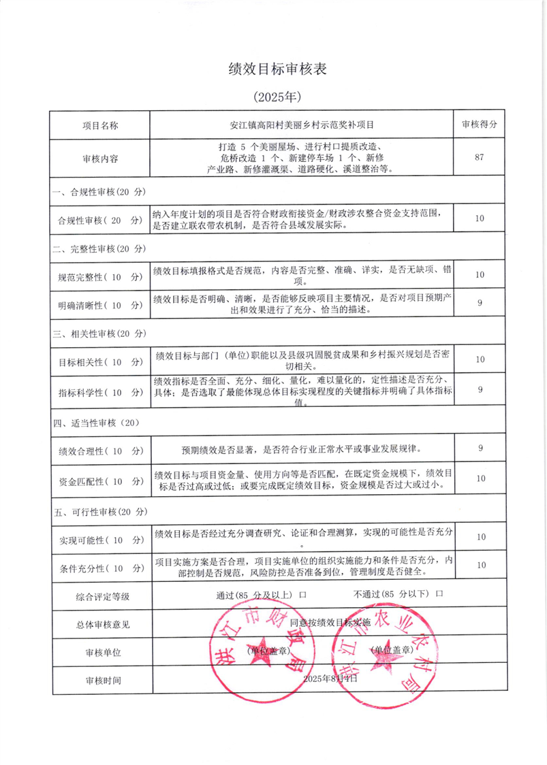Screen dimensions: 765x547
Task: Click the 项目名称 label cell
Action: (x=100, y=126)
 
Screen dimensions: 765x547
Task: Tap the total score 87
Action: (x=479, y=158)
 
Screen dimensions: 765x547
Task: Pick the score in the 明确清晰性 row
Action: (x=480, y=303)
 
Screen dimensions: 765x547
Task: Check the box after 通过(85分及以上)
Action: (x=302, y=594)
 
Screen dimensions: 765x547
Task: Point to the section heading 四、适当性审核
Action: (x=95, y=422)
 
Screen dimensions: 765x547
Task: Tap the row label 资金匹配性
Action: (x=100, y=481)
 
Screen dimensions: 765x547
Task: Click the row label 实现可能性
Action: (x=100, y=539)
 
